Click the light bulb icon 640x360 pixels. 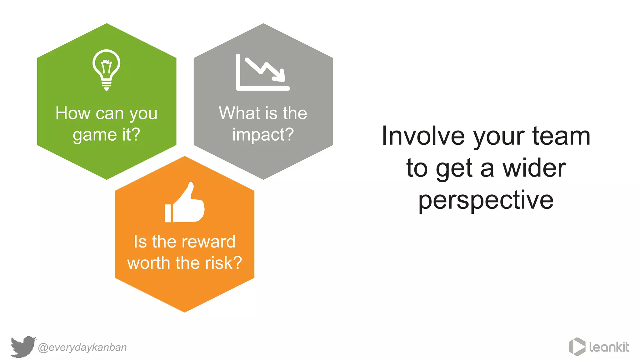pyautogui.click(x=106, y=69)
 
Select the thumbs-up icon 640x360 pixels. pyautogui.click(x=185, y=204)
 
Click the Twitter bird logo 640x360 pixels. pyautogui.click(x=23, y=347)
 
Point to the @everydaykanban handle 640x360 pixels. pyautogui.click(x=82, y=347)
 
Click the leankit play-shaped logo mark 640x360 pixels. pyautogui.click(x=577, y=347)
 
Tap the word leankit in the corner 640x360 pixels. pyautogui.click(x=609, y=347)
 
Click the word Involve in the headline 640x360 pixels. pyautogui.click(x=423, y=136)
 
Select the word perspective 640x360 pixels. pyautogui.click(x=486, y=200)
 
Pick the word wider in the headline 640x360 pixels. pyautogui.click(x=534, y=168)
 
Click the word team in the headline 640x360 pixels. pyautogui.click(x=561, y=136)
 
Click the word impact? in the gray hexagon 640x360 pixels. pyautogui.click(x=263, y=135)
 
